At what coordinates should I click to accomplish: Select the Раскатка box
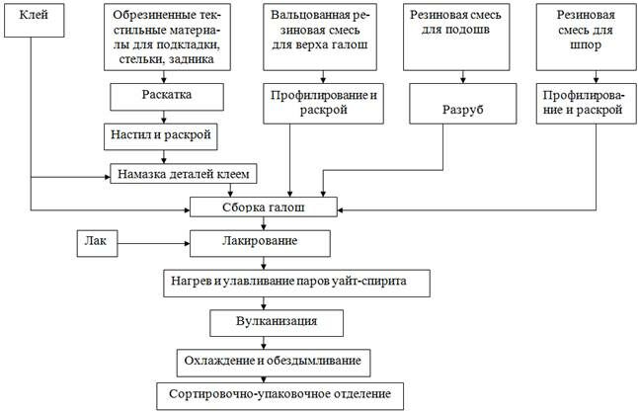click(x=166, y=97)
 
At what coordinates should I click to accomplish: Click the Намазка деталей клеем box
click(x=183, y=174)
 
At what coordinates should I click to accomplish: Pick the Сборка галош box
click(x=263, y=207)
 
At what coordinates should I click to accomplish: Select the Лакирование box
click(x=261, y=240)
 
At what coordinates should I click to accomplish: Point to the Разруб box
click(x=460, y=107)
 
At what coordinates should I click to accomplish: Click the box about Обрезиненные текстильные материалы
click(x=167, y=36)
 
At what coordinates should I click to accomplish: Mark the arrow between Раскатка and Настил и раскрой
click(x=164, y=115)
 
